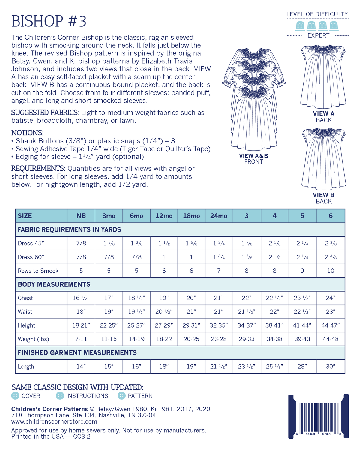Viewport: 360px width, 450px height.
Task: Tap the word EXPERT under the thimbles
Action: point(318,35)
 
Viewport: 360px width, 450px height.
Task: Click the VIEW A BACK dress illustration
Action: point(323,76)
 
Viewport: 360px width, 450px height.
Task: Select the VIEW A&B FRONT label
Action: point(253,159)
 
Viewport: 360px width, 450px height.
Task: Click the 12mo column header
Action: point(164,216)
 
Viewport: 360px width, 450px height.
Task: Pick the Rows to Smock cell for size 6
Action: point(331,271)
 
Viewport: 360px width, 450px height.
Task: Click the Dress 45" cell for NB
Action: point(81,244)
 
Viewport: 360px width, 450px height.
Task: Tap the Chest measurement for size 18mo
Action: point(191,298)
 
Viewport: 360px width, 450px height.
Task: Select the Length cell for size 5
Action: point(302,367)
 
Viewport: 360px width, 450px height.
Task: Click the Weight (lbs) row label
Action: point(33,339)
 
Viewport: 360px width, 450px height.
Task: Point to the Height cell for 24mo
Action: point(219,325)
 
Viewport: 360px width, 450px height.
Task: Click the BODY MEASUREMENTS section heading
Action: point(54,284)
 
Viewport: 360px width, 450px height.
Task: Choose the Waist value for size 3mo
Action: point(109,312)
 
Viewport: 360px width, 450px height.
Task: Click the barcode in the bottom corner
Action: point(318,417)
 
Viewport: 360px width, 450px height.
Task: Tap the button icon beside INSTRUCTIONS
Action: point(60,396)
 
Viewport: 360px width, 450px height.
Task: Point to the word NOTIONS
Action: point(27,133)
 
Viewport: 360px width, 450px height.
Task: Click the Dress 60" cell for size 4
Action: point(274,257)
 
